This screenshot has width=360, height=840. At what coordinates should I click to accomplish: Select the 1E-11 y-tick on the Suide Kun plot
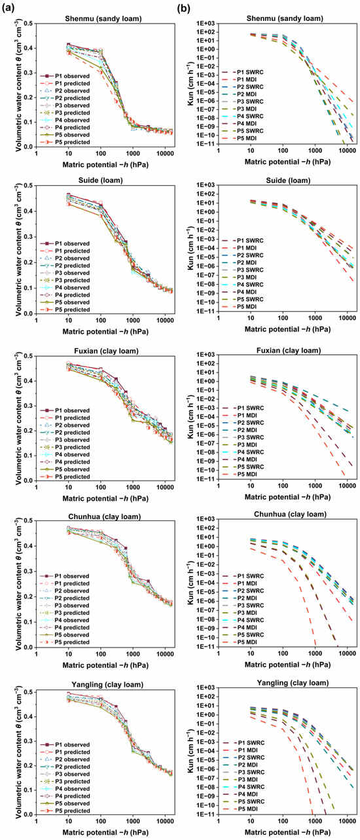pyautogui.click(x=201, y=312)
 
